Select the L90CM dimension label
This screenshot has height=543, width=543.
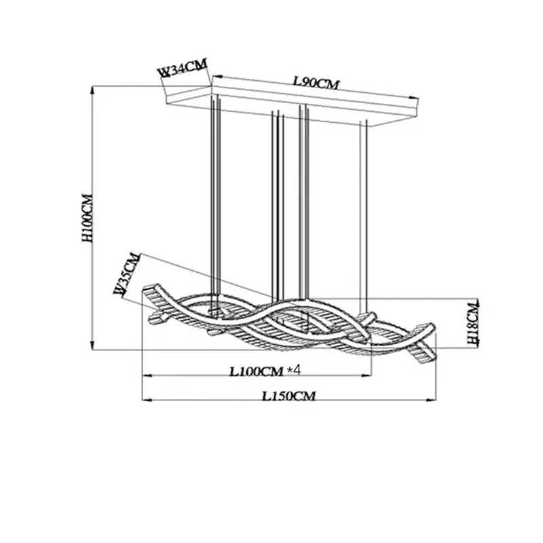316,83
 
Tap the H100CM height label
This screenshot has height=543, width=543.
88,218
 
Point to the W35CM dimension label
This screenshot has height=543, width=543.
128,274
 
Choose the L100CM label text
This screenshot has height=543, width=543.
257,371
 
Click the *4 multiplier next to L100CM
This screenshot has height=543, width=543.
294,371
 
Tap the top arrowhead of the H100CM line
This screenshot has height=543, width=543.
92,90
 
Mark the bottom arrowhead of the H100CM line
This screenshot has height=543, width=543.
92,345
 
